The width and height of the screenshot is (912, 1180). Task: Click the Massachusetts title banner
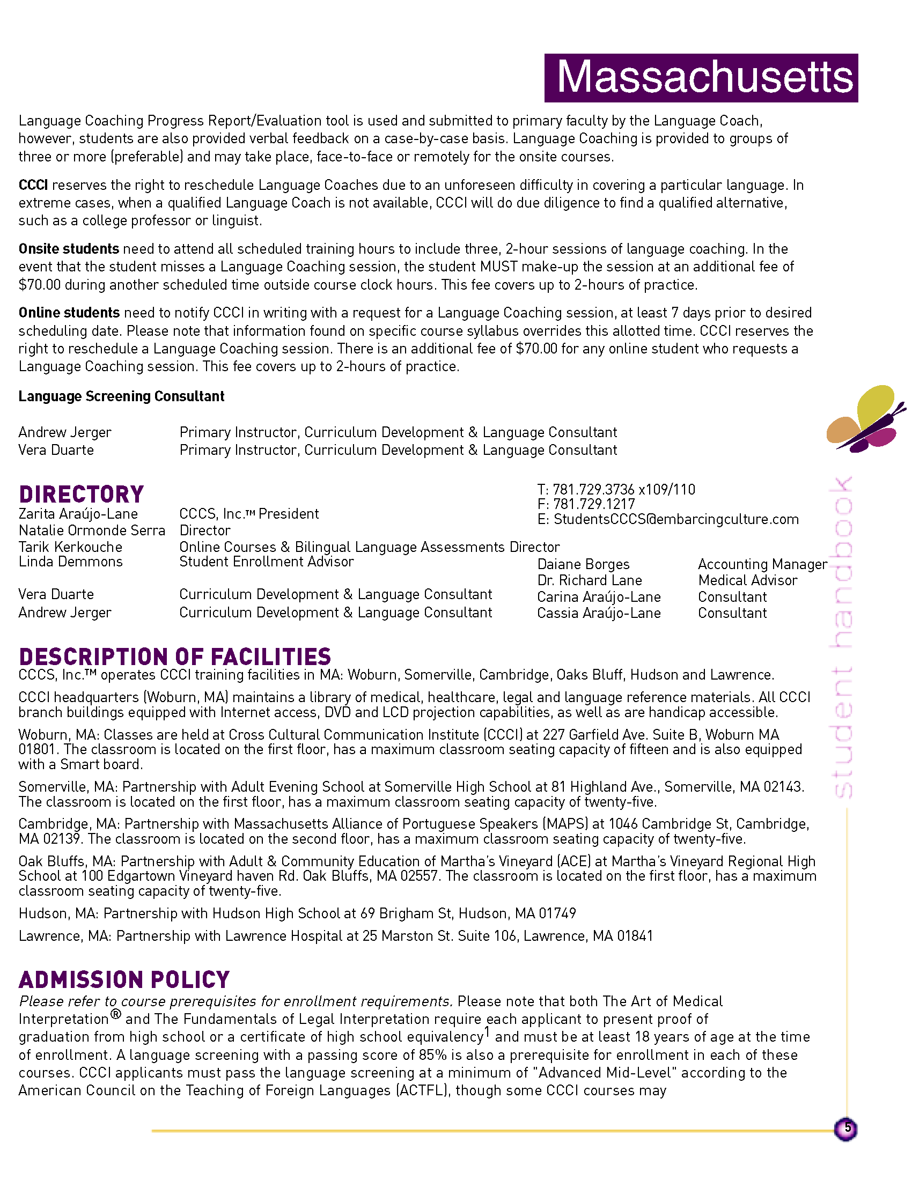(701, 78)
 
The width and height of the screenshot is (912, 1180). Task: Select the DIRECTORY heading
(81, 495)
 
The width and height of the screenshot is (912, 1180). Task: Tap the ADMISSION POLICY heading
(124, 979)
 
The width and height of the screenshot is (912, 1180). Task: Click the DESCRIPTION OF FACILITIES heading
(174, 657)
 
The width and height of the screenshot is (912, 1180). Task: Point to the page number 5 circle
(846, 1129)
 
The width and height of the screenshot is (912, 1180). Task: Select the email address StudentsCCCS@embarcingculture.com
(676, 519)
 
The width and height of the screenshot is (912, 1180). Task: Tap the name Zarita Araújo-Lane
(78, 514)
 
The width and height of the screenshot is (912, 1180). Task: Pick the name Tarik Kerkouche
(70, 547)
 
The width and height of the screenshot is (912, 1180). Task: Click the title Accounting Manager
(762, 564)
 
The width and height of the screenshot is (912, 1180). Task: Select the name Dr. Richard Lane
(590, 580)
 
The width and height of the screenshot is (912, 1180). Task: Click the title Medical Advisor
(747, 580)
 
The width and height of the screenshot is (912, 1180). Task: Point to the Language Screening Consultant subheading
(121, 396)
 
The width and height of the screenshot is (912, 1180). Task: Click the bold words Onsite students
(69, 248)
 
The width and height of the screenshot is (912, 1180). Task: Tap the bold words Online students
(69, 312)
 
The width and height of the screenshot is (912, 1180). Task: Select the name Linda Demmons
(70, 562)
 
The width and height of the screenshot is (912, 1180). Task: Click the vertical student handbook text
(842, 638)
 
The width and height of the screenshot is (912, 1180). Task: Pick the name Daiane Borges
(583, 564)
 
